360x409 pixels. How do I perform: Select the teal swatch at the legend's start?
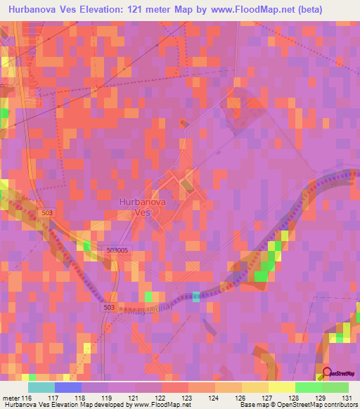coord(41,387)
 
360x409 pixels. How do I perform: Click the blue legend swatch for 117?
coord(67,387)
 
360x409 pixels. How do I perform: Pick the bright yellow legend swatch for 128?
coord(282,387)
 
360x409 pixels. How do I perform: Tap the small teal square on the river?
coord(195,297)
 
